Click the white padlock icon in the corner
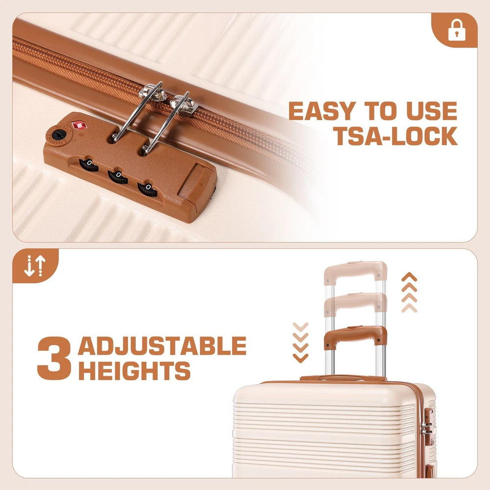tap(457, 30)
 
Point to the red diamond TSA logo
tap(79, 125)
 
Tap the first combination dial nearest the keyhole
tap(88, 164)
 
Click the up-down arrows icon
tap(35, 266)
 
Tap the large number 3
tap(54, 358)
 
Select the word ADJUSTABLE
tap(162, 345)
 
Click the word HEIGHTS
tap(134, 370)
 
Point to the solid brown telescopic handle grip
tap(356, 336)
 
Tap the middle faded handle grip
tap(356, 303)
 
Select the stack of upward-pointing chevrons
tap(409, 292)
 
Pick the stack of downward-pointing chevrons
tap(301, 343)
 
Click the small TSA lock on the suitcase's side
tap(429, 427)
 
